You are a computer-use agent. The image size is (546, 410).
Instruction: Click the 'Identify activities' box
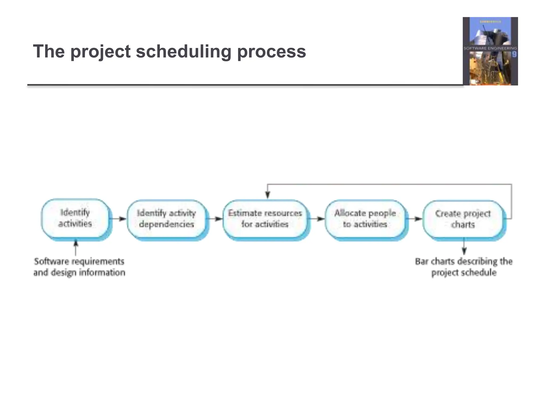pyautogui.click(x=75, y=218)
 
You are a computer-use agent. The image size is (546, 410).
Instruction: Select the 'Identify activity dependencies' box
pyautogui.click(x=167, y=219)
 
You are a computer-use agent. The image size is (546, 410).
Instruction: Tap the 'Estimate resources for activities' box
pyautogui.click(x=265, y=219)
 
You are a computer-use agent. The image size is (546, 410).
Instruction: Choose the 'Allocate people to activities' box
pyautogui.click(x=365, y=219)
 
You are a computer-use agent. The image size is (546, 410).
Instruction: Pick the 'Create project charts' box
pyautogui.click(x=463, y=219)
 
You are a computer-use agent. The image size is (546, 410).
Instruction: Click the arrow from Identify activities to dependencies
pyautogui.click(x=119, y=219)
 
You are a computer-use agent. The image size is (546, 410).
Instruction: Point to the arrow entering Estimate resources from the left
pyautogui.click(x=215, y=219)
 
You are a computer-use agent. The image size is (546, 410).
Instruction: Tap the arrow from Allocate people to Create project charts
pyautogui.click(x=415, y=219)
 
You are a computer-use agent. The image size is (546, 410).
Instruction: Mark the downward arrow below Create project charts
pyautogui.click(x=464, y=247)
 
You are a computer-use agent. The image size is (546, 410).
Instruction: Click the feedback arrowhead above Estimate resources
pyautogui.click(x=268, y=195)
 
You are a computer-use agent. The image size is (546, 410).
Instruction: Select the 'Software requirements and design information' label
pyautogui.click(x=79, y=267)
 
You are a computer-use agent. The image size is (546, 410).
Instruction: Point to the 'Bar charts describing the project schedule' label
pyautogui.click(x=464, y=267)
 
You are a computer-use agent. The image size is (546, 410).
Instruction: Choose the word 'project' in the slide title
pyautogui.click(x=101, y=51)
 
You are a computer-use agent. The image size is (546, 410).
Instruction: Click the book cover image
pyautogui.click(x=490, y=51)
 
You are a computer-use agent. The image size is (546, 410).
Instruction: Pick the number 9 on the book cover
pyautogui.click(x=514, y=54)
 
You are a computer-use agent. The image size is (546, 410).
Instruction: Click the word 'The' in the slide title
pyautogui.click(x=49, y=51)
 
